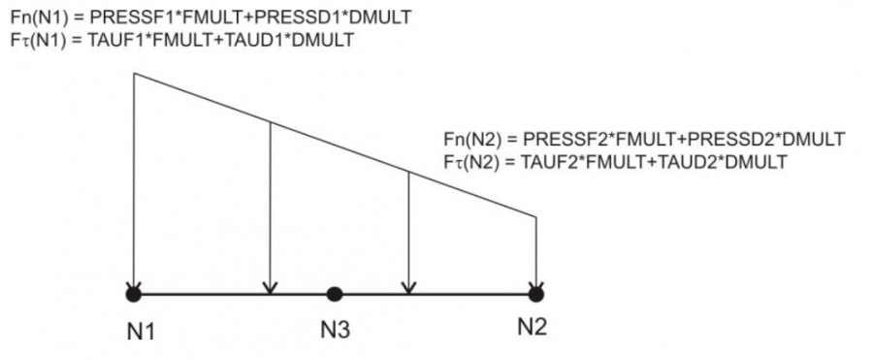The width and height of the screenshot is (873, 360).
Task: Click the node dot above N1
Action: (x=134, y=294)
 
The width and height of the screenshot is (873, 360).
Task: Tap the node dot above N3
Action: (x=334, y=294)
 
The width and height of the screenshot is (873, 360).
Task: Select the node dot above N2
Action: (x=535, y=294)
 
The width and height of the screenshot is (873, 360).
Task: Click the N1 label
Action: (x=141, y=332)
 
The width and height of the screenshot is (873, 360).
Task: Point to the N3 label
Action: (x=336, y=331)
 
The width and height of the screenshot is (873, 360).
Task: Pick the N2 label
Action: (x=533, y=327)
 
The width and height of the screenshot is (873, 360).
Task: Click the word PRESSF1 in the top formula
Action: (x=127, y=18)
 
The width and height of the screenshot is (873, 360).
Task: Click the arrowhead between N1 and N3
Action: (x=270, y=287)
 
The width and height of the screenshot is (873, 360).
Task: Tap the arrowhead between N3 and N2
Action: (x=409, y=287)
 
